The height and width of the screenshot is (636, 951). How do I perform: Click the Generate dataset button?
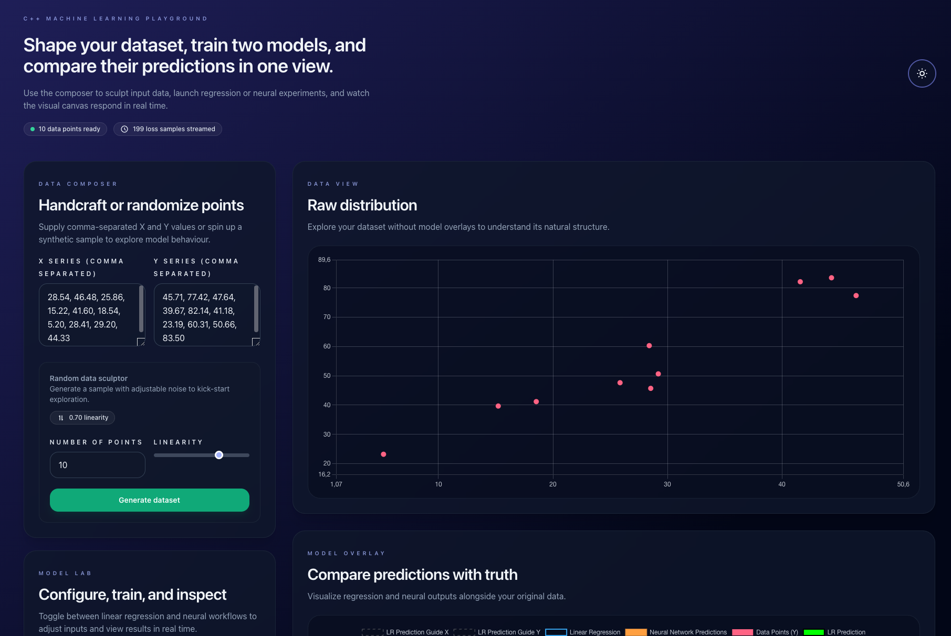[x=149, y=500]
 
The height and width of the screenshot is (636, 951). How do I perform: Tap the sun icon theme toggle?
[x=922, y=73]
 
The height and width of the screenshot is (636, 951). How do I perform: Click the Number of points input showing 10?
[x=97, y=465]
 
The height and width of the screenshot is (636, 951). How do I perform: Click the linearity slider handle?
[x=219, y=455]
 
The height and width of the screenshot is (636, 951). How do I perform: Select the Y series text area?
[x=204, y=315]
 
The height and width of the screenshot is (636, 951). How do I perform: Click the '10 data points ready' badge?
[x=65, y=129]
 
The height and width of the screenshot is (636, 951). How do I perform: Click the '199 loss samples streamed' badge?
[x=168, y=129]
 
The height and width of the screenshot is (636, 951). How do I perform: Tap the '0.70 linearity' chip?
[x=82, y=418]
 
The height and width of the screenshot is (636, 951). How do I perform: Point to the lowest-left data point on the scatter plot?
[x=383, y=454]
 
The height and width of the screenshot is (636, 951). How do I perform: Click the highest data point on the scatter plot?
[x=831, y=278]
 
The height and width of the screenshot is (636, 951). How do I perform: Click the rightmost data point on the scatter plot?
[x=856, y=296]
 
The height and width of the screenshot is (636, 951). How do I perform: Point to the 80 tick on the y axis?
[x=327, y=288]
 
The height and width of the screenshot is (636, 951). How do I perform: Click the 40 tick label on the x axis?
[x=781, y=484]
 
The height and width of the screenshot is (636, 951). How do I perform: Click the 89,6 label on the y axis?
[x=324, y=260]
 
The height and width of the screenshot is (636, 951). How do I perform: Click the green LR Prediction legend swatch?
[x=813, y=632]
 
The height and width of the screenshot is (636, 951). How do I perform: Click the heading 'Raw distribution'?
[x=362, y=205]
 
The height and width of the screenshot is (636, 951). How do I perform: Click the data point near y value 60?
[x=649, y=346]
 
